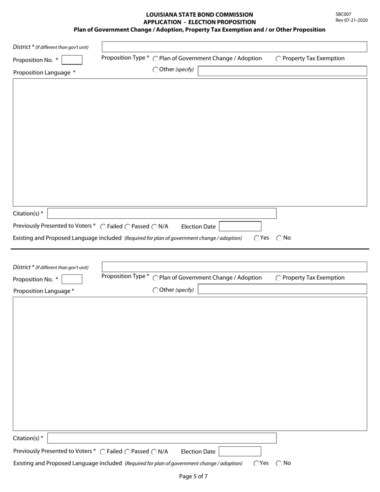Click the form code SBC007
pos(343,14)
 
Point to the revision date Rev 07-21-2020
pos(351,20)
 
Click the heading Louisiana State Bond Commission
pos(199,15)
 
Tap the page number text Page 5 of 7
pos(193,476)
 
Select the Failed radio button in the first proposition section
pos(103,227)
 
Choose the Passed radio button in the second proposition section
pos(128,452)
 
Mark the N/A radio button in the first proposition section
pos(154,227)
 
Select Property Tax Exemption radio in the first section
pos(278,59)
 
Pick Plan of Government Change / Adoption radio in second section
pos(156,278)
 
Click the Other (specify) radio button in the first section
pos(156,70)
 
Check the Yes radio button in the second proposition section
pos(257,463)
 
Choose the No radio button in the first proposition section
pos(279,238)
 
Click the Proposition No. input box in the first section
pos(72,60)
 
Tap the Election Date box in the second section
pos(240,452)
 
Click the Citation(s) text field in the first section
pos(162,214)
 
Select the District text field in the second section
pos(234,267)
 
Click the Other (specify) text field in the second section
pos(282,290)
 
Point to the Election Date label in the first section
pos(198,227)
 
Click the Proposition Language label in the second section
pos(44,291)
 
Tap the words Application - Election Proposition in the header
pos(199,22)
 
